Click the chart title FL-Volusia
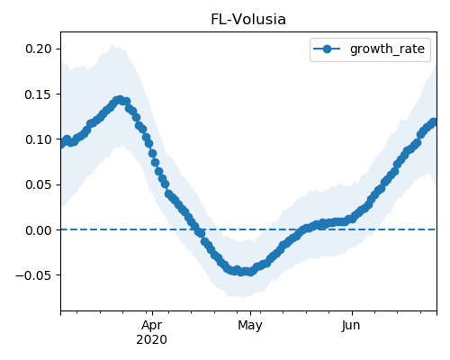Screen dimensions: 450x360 [x=248, y=20]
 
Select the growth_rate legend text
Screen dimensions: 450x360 [x=387, y=49]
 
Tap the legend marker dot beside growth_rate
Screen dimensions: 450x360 [x=327, y=49]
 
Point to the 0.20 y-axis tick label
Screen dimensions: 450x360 [x=39, y=49]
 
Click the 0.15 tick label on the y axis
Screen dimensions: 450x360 [x=39, y=94]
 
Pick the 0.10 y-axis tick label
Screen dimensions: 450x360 [x=39, y=139]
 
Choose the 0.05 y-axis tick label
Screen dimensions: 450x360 [x=39, y=184]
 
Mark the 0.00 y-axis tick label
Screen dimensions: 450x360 [x=39, y=230]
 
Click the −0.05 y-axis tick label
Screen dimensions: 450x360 [x=33, y=275]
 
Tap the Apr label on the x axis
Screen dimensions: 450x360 [x=152, y=325]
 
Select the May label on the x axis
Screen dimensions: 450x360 [x=250, y=325]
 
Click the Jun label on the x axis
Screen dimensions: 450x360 [x=351, y=325]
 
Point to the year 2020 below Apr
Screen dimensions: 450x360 [x=152, y=339]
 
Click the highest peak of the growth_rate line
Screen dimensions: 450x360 [x=120, y=100]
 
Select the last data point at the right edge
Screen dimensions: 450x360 [x=434, y=122]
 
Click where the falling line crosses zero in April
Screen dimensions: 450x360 [x=199, y=229]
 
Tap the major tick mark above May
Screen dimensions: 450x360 [x=250, y=313]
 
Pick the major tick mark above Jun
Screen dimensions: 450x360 [x=352, y=313]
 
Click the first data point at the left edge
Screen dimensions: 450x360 [x=61, y=145]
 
